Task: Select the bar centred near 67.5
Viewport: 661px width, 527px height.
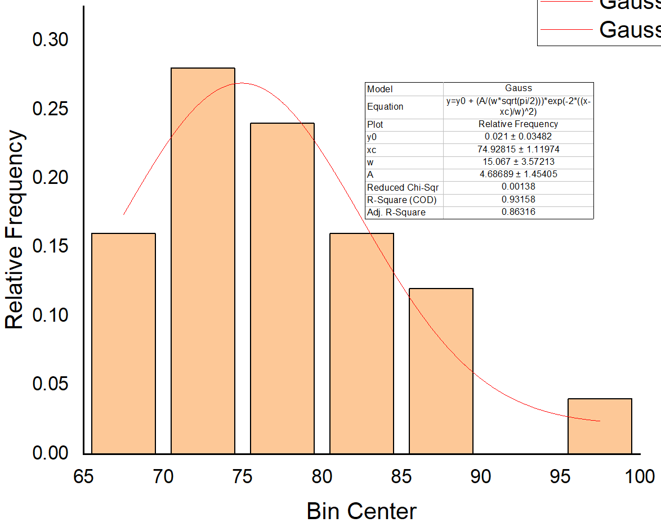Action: (x=123, y=343)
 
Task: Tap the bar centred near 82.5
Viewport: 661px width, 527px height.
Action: (x=361, y=343)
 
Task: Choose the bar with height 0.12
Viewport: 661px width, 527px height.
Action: (x=441, y=371)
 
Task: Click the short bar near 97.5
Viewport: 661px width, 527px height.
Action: (x=600, y=426)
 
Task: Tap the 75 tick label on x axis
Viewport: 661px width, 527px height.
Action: (x=243, y=478)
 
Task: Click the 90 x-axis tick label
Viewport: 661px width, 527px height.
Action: (x=480, y=478)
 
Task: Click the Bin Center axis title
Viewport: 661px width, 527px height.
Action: (x=361, y=512)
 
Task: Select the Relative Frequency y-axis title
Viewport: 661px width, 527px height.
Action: (x=15, y=230)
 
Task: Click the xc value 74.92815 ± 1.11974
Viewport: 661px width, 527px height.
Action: (x=518, y=149)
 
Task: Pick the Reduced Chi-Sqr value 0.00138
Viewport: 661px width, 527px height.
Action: (x=518, y=187)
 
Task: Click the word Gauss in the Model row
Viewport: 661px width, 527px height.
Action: (x=518, y=88)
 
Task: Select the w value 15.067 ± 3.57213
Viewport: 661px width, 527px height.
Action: (x=518, y=162)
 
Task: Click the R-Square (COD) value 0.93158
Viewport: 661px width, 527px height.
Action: (x=518, y=200)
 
